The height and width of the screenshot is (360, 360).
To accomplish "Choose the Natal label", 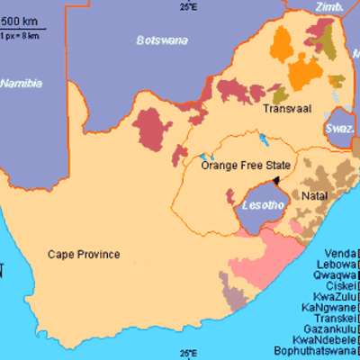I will (314, 195).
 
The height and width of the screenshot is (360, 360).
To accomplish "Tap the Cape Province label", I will (84, 255).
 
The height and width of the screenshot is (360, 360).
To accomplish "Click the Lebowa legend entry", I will (335, 266).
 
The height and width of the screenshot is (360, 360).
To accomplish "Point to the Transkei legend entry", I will (334, 318).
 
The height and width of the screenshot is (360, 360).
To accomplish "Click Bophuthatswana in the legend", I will (317, 355).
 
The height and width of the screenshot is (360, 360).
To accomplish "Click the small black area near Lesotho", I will (277, 180).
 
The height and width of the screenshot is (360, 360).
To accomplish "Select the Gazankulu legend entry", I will (329, 329).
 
